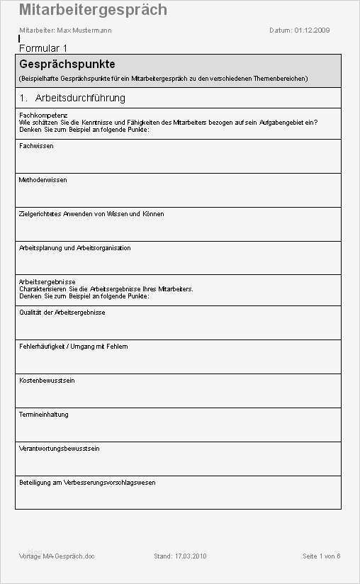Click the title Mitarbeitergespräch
click(x=93, y=10)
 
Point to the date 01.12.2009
click(x=312, y=30)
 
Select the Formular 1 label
click(x=43, y=48)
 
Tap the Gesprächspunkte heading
click(x=67, y=64)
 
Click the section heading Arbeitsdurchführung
click(x=80, y=98)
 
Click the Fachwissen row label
click(x=36, y=146)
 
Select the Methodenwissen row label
click(x=43, y=180)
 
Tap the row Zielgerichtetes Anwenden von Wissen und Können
click(x=91, y=214)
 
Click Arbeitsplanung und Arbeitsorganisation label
click(x=74, y=248)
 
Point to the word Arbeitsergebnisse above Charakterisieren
click(x=47, y=282)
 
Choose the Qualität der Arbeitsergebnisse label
click(x=62, y=313)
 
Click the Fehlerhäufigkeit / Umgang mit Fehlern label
click(x=73, y=347)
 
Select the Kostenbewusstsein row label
click(x=47, y=381)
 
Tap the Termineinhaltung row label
click(x=43, y=415)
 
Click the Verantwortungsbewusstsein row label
click(x=59, y=449)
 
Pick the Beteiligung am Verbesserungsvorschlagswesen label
click(x=87, y=483)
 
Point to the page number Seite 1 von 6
click(x=321, y=556)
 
